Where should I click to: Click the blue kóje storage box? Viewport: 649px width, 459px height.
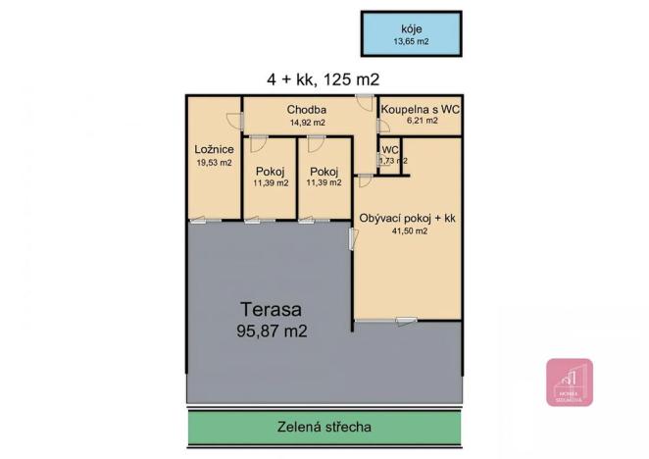click(x=412, y=34)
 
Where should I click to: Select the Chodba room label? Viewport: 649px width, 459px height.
click(x=307, y=109)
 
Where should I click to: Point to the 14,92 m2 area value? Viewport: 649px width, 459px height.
click(x=307, y=123)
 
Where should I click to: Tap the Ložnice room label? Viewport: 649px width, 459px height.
click(x=213, y=149)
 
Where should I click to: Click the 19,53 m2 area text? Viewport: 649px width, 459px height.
click(x=213, y=163)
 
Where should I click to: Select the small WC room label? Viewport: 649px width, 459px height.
click(x=390, y=150)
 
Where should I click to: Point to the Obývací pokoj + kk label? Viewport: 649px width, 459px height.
click(x=408, y=218)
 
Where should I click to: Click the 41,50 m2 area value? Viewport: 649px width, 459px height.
click(x=408, y=231)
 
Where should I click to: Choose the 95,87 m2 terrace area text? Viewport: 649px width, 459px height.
click(x=273, y=331)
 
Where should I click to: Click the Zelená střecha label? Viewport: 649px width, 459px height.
click(x=324, y=427)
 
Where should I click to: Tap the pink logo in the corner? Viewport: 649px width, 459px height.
click(x=569, y=382)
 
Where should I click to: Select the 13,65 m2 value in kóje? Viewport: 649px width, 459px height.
click(x=412, y=42)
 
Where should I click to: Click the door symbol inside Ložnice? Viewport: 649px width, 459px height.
click(x=234, y=121)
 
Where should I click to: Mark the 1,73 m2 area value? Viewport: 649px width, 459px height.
click(x=392, y=161)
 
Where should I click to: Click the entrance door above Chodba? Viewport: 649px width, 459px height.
click(x=363, y=99)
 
